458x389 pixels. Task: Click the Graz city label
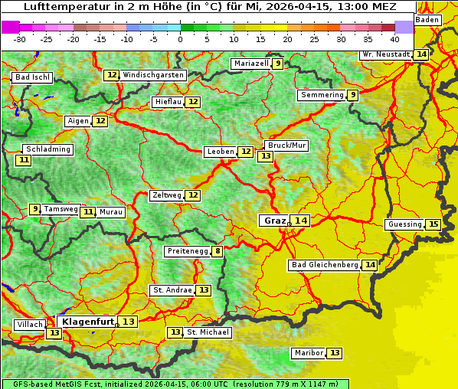pos(274,221)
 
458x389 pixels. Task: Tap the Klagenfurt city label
pos(88,322)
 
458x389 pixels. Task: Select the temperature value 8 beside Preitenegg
pos(218,251)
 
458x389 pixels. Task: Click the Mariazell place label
pos(251,64)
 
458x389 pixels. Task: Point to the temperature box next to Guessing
pos(433,224)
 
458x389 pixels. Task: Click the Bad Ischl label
pos(32,77)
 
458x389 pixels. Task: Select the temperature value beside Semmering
pos(352,95)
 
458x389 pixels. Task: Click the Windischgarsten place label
pos(153,75)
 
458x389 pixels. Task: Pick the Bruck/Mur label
pos(286,145)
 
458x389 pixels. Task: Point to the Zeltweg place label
pos(167,195)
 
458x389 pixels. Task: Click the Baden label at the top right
pos(427,20)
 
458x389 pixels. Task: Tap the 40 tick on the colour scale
pos(394,38)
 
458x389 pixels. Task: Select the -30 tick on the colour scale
pos(20,38)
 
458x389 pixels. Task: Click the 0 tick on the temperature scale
pos(180,38)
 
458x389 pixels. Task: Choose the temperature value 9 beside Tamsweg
pos(34,209)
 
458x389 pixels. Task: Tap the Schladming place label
pos(47,149)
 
